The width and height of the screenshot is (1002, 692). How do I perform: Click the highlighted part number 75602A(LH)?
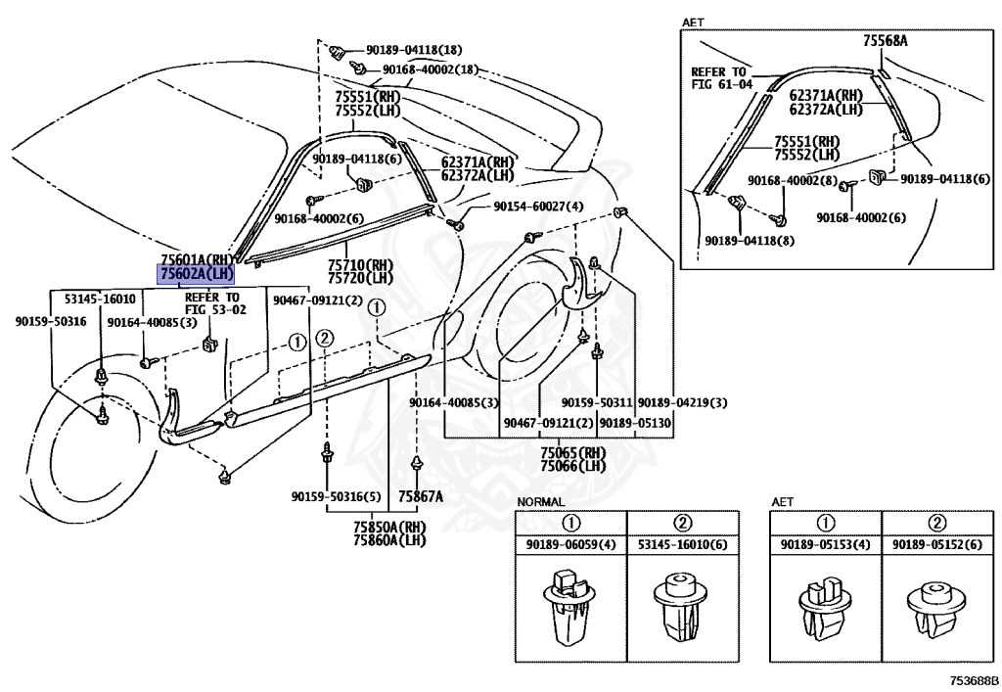pyautogui.click(x=197, y=275)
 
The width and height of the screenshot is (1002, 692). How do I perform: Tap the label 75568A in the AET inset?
pyautogui.click(x=886, y=41)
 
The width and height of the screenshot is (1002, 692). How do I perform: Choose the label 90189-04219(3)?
pyautogui.click(x=682, y=402)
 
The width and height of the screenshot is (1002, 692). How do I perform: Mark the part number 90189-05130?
pyautogui.click(x=635, y=422)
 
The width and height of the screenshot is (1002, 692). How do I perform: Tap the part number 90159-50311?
pyautogui.click(x=596, y=402)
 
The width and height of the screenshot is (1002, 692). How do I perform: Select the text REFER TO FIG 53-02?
pyautogui.click(x=211, y=302)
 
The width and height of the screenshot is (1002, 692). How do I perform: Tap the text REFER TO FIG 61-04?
pyautogui.click(x=721, y=78)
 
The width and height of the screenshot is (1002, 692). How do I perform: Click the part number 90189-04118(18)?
pyautogui.click(x=414, y=49)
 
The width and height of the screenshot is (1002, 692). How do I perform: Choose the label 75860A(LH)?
pyautogui.click(x=389, y=539)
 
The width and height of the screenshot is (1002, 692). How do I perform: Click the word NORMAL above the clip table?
pyautogui.click(x=540, y=501)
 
